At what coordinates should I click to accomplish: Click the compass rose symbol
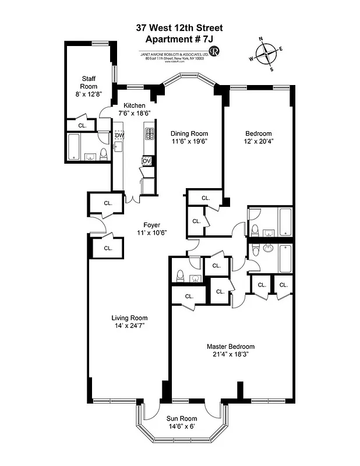267,54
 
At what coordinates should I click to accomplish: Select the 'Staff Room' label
89,82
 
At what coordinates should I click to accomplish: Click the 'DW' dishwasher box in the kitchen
119,136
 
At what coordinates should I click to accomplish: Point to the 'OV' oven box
147,161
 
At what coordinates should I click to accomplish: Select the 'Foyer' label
151,225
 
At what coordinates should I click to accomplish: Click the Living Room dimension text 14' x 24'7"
129,326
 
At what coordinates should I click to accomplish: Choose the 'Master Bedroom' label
231,346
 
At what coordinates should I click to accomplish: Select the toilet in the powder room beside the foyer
180,276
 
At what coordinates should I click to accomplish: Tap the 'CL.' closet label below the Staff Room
82,125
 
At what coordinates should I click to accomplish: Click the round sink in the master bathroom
269,249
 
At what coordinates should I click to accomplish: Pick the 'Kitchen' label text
134,105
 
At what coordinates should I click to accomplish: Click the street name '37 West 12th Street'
179,27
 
